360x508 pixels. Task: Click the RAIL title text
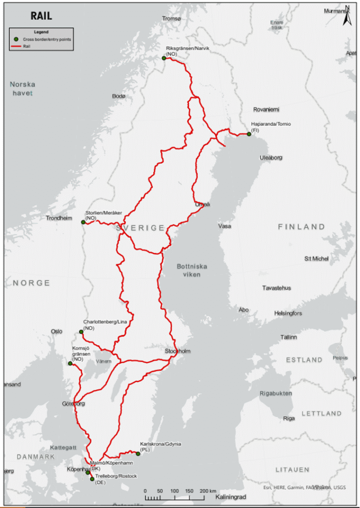[41, 16]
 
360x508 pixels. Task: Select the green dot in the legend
[16, 39]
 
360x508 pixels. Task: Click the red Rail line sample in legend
[16, 46]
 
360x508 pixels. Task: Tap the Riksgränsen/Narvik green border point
[164, 58]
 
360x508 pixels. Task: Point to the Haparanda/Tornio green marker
[249, 134]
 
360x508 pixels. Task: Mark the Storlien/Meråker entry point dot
[83, 222]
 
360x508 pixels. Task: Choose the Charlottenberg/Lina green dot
[81, 332]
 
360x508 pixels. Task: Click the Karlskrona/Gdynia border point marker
[138, 453]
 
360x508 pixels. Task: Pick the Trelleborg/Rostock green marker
[92, 479]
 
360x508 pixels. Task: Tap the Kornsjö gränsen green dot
[70, 364]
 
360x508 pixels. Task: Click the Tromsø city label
[172, 19]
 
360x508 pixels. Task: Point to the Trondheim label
[59, 218]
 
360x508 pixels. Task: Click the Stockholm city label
[177, 351]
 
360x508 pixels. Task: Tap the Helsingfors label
[288, 314]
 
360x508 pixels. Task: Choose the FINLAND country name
[301, 227]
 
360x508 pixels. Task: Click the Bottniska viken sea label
[192, 270]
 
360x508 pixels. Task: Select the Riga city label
[289, 418]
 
